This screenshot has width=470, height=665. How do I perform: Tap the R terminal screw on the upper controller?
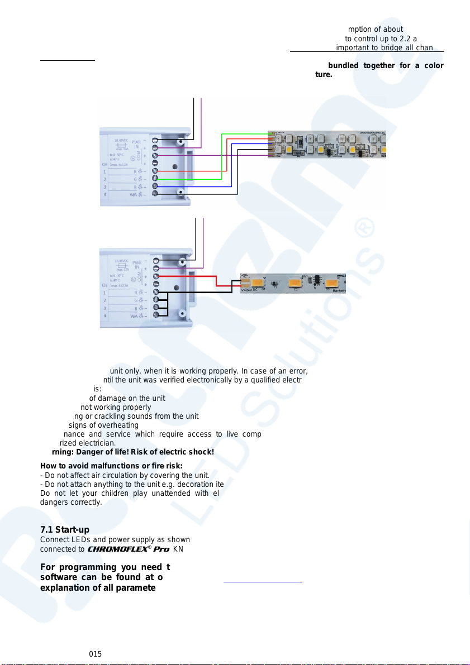coord(155,170)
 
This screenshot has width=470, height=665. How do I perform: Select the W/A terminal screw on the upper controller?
coord(155,193)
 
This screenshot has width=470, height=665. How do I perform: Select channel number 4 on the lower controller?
coord(104,317)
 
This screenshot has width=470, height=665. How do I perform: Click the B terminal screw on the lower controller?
coord(155,308)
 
